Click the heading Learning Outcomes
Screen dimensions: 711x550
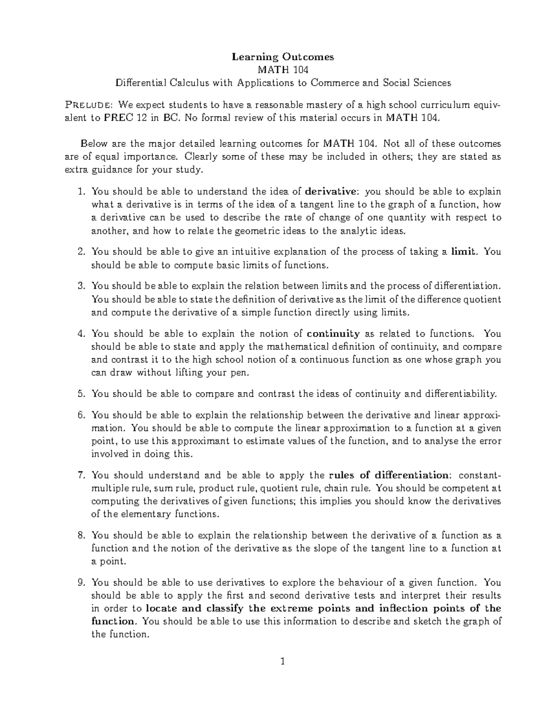[283, 57]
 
